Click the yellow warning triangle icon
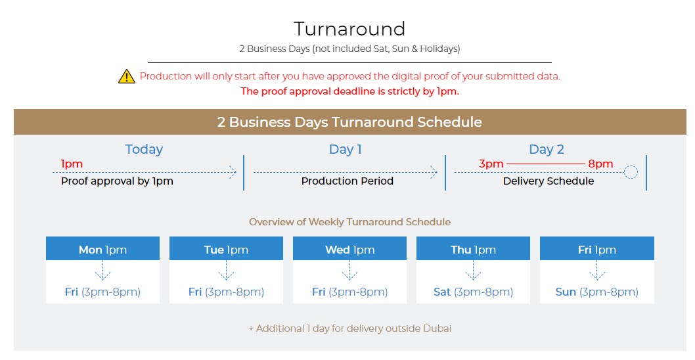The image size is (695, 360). coord(126,76)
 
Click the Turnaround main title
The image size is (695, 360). coord(349,30)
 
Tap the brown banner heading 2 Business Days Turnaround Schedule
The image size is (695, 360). coord(349,122)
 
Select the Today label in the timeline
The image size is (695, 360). coord(144,149)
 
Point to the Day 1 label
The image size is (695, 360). coord(346,149)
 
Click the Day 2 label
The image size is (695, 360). coord(547,149)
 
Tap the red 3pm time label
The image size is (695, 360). coord(491,164)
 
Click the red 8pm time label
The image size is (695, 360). coord(600,164)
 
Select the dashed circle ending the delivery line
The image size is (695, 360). coord(631,172)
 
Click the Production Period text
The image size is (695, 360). coord(348,181)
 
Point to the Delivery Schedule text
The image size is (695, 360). coord(549,181)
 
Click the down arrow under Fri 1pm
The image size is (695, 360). coord(597,270)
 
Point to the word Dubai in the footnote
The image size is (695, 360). coord(437,328)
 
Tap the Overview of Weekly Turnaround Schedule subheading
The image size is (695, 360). coord(349,221)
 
